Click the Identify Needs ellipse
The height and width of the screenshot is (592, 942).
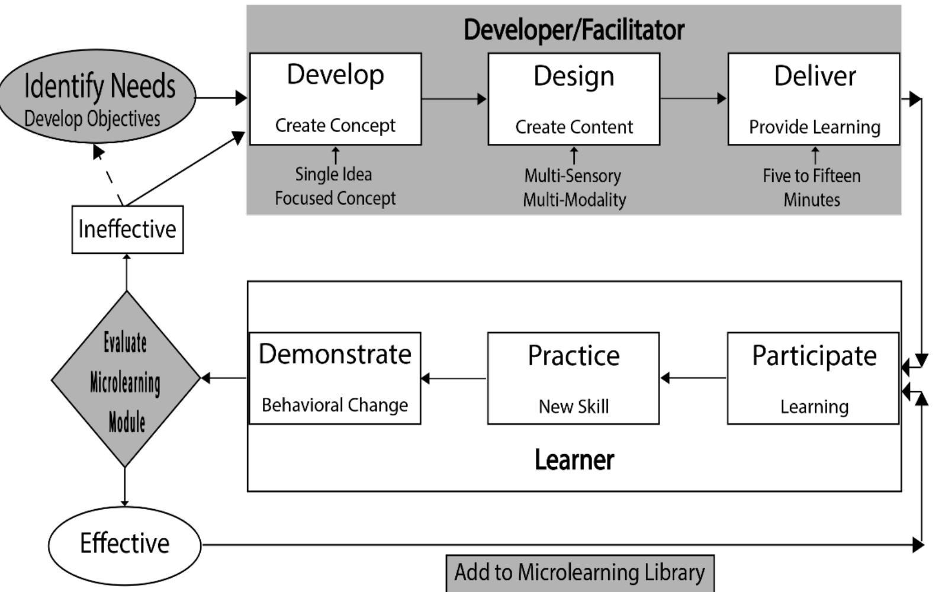click(x=98, y=96)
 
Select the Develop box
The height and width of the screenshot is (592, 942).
click(x=335, y=98)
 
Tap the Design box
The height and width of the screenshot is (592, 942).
click(x=573, y=99)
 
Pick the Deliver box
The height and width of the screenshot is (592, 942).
click(x=814, y=99)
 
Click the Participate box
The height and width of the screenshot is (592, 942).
click(x=813, y=378)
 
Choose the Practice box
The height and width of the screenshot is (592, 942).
click(x=573, y=378)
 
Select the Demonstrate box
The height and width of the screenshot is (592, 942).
click(x=335, y=378)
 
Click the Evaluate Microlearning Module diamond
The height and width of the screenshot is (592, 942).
click(x=126, y=379)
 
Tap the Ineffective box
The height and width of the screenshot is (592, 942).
click(x=127, y=229)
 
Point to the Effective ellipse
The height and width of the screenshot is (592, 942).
click(x=124, y=544)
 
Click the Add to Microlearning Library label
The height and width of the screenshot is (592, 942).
click(x=580, y=572)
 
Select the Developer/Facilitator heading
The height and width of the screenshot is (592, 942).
click(x=574, y=30)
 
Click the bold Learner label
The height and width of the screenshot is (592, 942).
click(x=574, y=460)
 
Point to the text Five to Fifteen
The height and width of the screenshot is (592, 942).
click(x=811, y=176)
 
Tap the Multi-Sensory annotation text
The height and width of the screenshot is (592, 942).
click(x=573, y=176)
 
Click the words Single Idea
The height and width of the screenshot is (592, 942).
click(x=333, y=174)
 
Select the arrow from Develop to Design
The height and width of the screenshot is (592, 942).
click(x=454, y=99)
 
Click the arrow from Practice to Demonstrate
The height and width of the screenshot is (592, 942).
click(x=454, y=378)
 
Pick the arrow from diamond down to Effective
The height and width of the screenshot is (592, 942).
click(x=124, y=487)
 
